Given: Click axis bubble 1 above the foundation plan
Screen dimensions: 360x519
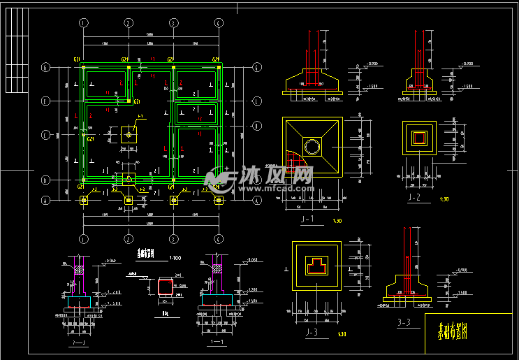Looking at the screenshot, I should coord(84,23).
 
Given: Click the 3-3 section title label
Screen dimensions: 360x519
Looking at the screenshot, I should coord(404,322).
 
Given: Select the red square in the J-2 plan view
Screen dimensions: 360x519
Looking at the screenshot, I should coord(419,137).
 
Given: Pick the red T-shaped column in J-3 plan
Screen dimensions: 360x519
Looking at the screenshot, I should coord(316,265).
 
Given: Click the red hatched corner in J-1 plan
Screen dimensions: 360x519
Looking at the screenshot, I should coord(298,167).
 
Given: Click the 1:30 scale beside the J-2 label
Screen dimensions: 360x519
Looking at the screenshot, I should coord(444,199).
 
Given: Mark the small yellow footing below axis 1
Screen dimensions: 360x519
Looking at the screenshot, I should coord(85,200).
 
